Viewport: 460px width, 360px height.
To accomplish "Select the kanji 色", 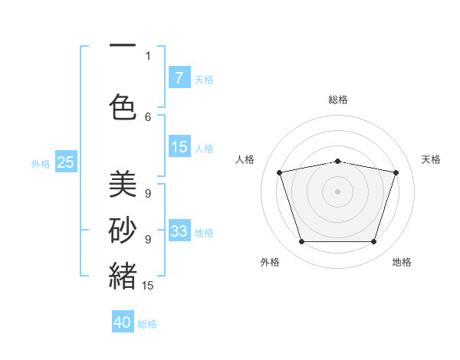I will pyautogui.click(x=123, y=107).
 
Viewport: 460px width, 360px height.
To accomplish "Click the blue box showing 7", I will pyautogui.click(x=179, y=78).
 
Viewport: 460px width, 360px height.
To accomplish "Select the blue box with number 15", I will pyautogui.click(x=179, y=147).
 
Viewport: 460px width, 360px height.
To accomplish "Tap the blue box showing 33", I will pyautogui.click(x=179, y=231).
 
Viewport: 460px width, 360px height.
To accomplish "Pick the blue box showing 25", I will pyautogui.click(x=65, y=162).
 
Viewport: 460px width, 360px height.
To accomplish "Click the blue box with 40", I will pyautogui.click(x=123, y=322).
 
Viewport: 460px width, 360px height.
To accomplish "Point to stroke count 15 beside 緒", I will pyautogui.click(x=149, y=286).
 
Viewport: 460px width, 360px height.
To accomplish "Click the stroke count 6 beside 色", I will pyautogui.click(x=148, y=116).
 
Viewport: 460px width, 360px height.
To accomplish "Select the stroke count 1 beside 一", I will pyautogui.click(x=148, y=55).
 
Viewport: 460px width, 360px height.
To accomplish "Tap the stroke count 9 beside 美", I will pyautogui.click(x=148, y=193).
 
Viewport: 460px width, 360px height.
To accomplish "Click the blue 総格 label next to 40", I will pyautogui.click(x=148, y=323).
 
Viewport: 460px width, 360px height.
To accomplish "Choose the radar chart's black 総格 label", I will pyautogui.click(x=337, y=100).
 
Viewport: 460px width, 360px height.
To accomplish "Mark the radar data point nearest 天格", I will pyautogui.click(x=396, y=172).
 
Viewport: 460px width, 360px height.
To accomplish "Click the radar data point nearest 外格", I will pyautogui.click(x=301, y=242).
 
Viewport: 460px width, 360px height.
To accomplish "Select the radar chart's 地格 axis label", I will pyautogui.click(x=402, y=262).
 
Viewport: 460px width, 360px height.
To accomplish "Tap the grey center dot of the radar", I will pyautogui.click(x=337, y=191).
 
